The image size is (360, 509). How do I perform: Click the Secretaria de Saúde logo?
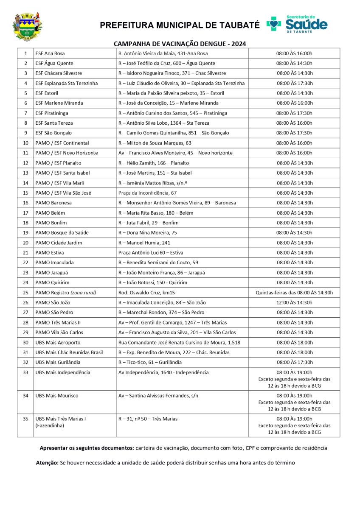tap(297, 24)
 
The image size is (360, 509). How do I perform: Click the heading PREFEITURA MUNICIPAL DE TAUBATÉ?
tap(180, 25)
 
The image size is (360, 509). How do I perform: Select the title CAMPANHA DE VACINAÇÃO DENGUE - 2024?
tap(180, 44)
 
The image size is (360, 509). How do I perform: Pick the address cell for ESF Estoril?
tap(172, 93)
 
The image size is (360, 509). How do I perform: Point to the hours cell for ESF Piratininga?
tap(294, 113)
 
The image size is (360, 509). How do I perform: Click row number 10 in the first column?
tap(25, 143)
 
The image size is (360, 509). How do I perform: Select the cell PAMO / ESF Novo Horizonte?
tap(67, 153)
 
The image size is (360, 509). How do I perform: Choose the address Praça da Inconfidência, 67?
tap(147, 193)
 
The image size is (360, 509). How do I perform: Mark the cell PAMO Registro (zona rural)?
tap(66, 292)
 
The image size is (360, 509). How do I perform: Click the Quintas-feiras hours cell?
tap(294, 292)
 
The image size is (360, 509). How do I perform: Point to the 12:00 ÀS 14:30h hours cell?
tap(294, 302)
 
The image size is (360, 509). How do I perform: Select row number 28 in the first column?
tap(25, 322)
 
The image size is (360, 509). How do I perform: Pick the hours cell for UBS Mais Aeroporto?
tap(294, 342)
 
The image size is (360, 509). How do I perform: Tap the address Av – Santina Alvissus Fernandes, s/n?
tap(158, 396)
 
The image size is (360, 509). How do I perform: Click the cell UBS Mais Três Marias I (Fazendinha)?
tap(61, 422)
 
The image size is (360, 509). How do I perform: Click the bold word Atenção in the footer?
tap(47, 463)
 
